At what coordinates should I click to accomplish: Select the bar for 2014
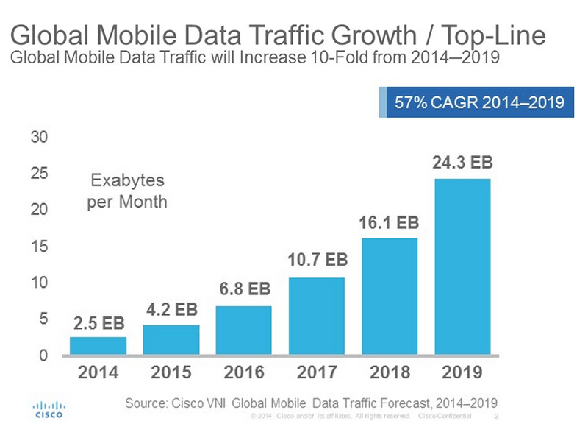(x=98, y=346)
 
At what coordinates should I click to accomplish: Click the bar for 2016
(x=243, y=330)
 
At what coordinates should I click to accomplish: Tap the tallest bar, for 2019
(x=462, y=267)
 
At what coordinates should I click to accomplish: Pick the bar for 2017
(x=317, y=316)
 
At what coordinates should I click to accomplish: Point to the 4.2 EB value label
(x=171, y=310)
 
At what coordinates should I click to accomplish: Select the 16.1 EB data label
(x=390, y=223)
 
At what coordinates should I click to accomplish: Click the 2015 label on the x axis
(x=171, y=372)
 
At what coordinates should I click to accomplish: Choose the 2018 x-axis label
(x=390, y=372)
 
